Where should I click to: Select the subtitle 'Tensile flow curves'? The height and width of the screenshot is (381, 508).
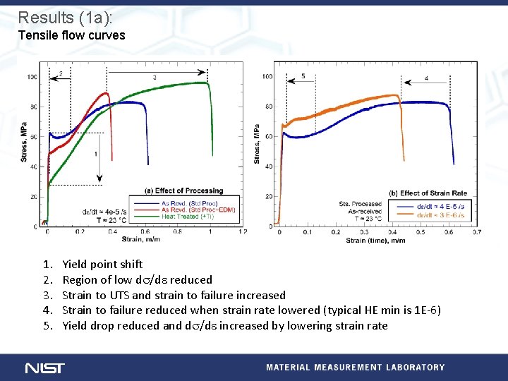tap(71, 35)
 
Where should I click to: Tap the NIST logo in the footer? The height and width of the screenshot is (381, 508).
tap(44, 368)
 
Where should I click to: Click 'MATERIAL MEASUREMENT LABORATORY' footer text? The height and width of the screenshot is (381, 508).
tap(355, 368)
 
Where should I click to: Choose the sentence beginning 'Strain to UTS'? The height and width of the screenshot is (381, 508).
tap(174, 295)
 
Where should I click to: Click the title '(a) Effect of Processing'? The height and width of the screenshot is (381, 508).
tap(183, 190)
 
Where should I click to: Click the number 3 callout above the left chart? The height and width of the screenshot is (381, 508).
tap(155, 77)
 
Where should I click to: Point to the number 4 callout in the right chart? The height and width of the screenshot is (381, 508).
tap(426, 78)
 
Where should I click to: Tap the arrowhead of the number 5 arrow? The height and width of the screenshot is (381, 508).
tap(284, 83)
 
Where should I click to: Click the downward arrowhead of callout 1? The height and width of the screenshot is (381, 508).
tap(99, 181)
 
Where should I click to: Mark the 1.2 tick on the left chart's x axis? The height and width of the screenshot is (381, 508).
tap(243, 231)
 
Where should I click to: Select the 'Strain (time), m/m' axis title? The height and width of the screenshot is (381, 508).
tap(375, 241)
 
